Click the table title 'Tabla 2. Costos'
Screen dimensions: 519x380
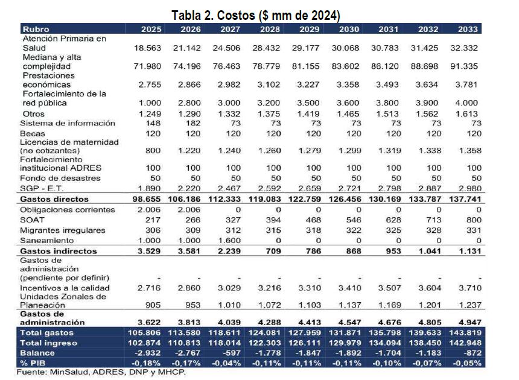pos(213,16)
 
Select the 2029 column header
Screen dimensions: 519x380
pos(309,29)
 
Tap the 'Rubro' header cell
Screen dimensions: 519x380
pos(36,29)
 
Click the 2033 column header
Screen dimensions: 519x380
pos(468,29)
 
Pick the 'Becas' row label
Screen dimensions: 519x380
pos(33,134)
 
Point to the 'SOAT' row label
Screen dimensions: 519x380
pos(32,220)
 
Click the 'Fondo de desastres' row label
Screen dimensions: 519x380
pos(60,179)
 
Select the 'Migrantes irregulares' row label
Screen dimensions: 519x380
pos(63,230)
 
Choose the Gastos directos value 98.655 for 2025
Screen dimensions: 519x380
pos(146,199)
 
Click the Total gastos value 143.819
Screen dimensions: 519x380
pos(465,332)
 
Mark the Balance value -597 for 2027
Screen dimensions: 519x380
pos(231,353)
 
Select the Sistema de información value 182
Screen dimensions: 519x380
pos(193,124)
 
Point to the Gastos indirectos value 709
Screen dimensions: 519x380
pos(273,251)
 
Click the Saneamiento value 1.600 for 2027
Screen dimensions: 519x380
pos(229,241)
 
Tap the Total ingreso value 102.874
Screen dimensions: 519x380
pos(144,343)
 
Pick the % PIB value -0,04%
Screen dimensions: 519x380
pos(226,363)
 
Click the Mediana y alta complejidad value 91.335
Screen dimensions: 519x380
pos(464,66)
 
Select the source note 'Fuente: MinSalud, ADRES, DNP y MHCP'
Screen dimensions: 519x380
pos(101,372)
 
